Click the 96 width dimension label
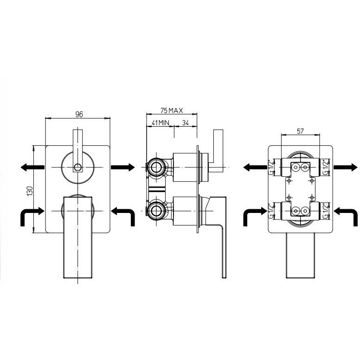click(x=79, y=114)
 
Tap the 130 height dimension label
click(x=30, y=191)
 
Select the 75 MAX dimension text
click(x=172, y=111)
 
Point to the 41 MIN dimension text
click(x=160, y=123)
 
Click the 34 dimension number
click(x=186, y=123)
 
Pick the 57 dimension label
click(x=300, y=131)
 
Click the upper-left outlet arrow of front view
click(x=32, y=167)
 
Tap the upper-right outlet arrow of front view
click(x=123, y=167)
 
